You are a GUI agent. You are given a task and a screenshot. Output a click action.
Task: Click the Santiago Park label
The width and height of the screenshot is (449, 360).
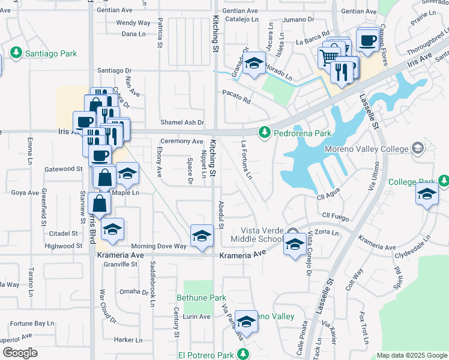pos(51,53)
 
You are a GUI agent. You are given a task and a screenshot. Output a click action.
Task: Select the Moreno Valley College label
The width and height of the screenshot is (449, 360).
pos(367,149)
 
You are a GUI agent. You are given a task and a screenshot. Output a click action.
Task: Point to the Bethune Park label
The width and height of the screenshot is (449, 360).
pos(201,298)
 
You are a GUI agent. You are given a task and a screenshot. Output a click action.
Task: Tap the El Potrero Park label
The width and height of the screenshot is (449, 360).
pos(206,355)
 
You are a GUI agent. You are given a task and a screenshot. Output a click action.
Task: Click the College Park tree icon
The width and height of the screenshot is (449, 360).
pos(443,181)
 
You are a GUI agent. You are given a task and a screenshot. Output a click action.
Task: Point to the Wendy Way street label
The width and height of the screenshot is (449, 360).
pos(133,23)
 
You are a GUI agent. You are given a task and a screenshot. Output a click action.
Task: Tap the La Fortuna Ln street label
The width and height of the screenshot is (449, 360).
pos(246,160)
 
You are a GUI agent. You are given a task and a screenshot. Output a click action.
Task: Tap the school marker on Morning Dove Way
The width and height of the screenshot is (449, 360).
pos(202,235)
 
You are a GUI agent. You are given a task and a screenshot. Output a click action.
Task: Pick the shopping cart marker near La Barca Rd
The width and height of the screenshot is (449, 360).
pos(329,58)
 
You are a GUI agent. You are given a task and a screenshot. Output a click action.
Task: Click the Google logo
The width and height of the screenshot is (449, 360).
pos(20,353)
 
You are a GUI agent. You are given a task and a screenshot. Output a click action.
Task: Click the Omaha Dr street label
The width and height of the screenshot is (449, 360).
pos(133,292)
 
